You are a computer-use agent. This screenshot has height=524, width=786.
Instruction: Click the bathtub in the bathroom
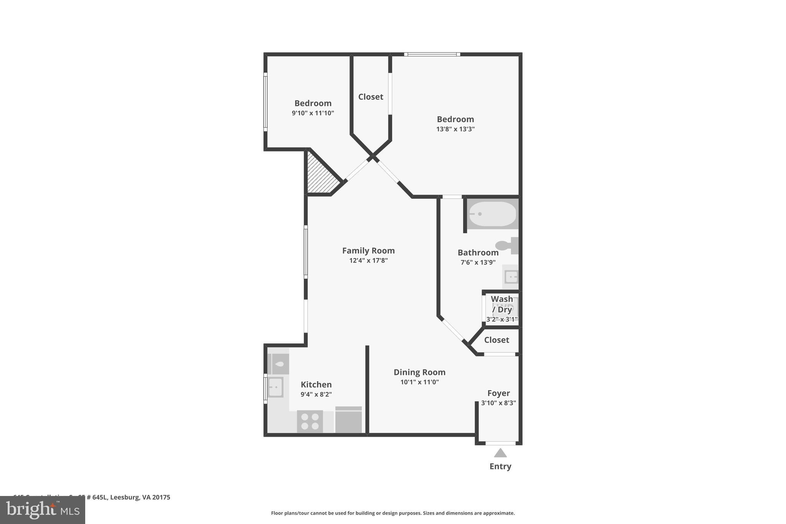[493, 214]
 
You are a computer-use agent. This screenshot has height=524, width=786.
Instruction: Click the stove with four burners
[310, 422]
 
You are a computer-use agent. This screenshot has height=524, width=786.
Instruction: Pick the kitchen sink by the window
[275, 387]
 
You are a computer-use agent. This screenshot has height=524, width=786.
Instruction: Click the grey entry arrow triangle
[500, 453]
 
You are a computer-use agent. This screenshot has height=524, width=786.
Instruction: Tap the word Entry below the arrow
[500, 466]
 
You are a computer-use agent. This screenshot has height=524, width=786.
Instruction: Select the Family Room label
[368, 251]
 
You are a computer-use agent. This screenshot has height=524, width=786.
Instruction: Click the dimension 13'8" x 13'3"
[455, 129]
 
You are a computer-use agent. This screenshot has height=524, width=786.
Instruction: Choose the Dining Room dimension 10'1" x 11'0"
[419, 382]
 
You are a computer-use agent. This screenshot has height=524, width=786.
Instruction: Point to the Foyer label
[499, 393]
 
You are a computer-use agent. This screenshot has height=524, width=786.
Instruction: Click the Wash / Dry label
[502, 304]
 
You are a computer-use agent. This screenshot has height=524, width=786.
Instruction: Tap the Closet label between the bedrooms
[371, 97]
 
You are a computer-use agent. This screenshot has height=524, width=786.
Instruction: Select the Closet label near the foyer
[497, 340]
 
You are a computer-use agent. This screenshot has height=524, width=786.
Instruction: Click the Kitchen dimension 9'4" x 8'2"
[316, 394]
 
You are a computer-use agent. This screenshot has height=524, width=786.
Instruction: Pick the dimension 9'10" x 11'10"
[313, 113]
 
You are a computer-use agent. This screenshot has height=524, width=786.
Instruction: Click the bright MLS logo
[43, 510]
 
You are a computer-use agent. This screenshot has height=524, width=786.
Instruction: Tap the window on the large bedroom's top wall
[432, 54]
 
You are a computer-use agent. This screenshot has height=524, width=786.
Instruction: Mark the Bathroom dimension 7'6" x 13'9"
[478, 263]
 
